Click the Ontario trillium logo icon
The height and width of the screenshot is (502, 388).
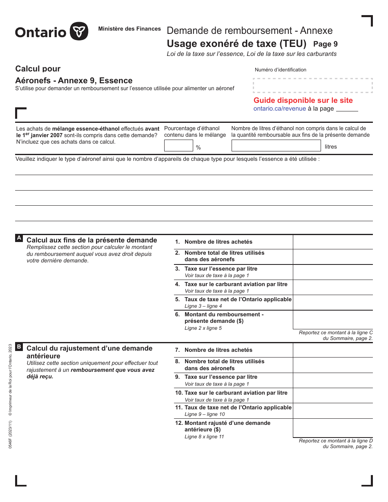click(79, 31)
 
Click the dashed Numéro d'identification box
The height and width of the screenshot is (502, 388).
click(312, 86)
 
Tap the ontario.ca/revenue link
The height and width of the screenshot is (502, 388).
click(279, 109)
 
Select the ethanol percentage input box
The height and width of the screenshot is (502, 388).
click(178, 146)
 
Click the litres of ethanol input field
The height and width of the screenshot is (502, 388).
click(276, 146)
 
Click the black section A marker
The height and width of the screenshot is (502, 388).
click(19, 238)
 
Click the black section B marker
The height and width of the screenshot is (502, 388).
click(19, 347)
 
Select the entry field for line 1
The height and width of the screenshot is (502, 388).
click(332, 242)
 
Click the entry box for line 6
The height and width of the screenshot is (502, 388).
click(332, 320)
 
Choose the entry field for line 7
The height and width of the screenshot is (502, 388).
click(332, 350)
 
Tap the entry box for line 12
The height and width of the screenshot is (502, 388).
click(332, 428)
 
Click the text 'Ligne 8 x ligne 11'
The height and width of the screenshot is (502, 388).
click(204, 437)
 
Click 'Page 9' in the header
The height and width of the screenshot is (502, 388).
click(326, 44)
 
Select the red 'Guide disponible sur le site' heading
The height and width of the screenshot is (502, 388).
click(303, 100)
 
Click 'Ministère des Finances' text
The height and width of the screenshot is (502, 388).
click(129, 29)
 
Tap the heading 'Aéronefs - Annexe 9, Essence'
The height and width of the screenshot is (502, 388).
click(74, 80)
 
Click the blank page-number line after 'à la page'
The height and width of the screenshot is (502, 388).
click(347, 109)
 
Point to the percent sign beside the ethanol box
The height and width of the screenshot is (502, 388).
click(198, 147)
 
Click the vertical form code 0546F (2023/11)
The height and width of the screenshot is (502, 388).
click(10, 435)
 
